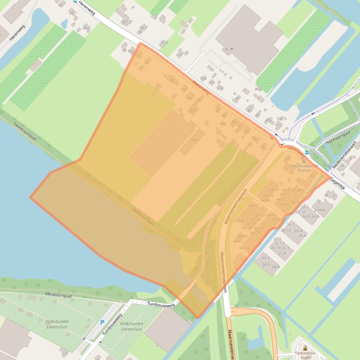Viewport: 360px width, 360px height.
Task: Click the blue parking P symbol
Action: click(x=102, y=322)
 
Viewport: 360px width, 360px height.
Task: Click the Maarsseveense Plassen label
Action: click(x=304, y=168)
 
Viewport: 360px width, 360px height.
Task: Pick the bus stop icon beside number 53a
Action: click(x=307, y=153)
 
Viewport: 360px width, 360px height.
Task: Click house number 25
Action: click(x=124, y=22)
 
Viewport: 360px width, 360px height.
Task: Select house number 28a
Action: click(x=86, y=29)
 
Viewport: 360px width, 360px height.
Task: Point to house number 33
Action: click(x=180, y=55)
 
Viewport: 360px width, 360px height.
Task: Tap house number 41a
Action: click(x=258, y=89)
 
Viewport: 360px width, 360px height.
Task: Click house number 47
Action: click(x=258, y=115)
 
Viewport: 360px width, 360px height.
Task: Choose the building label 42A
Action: click(x=194, y=139)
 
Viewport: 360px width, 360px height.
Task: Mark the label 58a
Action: click(x=189, y=204)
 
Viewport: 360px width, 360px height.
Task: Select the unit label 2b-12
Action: click(x=286, y=230)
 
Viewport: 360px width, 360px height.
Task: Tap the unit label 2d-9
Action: click(x=266, y=265)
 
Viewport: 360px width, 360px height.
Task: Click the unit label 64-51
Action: click(x=274, y=189)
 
